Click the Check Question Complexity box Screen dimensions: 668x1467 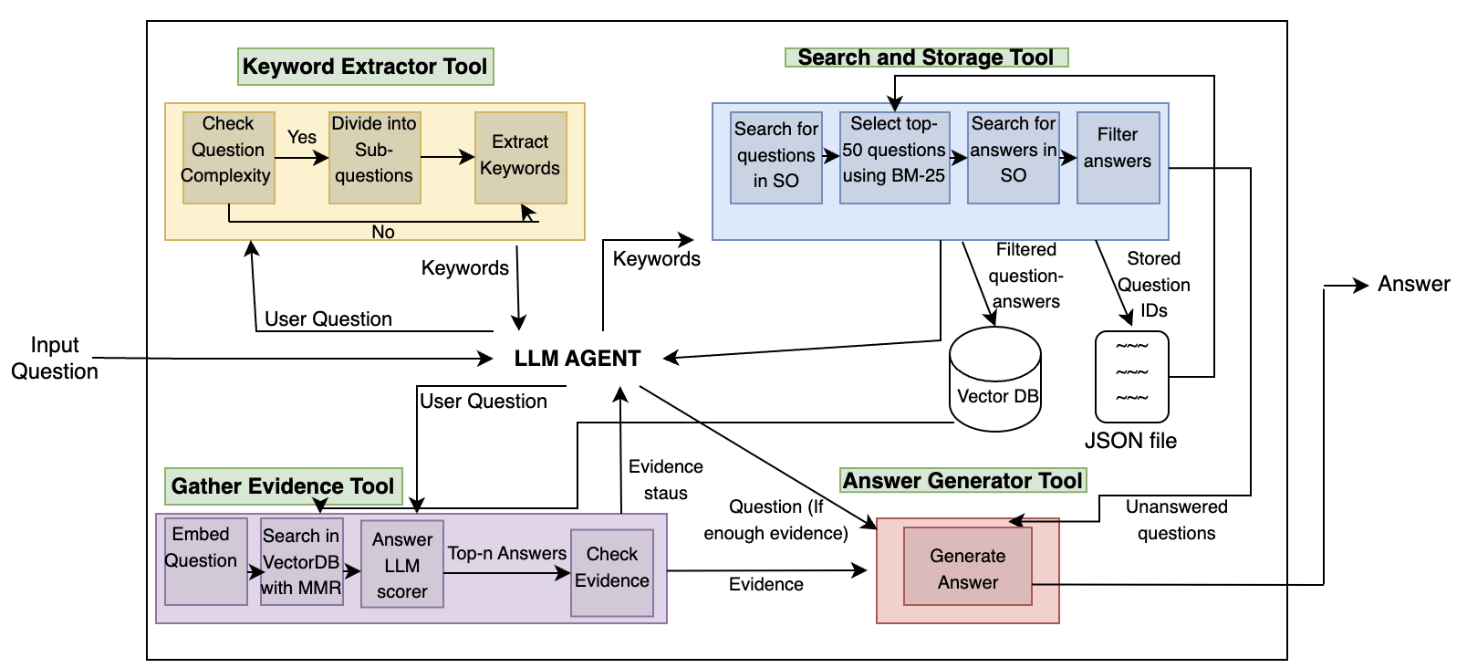click(x=228, y=157)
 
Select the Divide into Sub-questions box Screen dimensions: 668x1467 click(x=374, y=157)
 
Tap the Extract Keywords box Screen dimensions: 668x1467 click(x=520, y=157)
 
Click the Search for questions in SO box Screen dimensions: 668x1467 click(x=776, y=157)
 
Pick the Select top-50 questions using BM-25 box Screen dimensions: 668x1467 click(x=894, y=157)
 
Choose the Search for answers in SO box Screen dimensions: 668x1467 click(x=1013, y=157)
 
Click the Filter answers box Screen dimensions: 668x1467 click(x=1118, y=157)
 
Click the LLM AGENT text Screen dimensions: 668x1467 click(x=577, y=359)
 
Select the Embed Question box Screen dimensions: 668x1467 click(x=205, y=561)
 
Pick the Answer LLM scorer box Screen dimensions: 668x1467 click(x=401, y=565)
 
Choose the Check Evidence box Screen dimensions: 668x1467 click(x=612, y=572)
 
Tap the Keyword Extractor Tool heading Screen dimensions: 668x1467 click(x=365, y=67)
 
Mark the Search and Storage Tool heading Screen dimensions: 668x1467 click(x=926, y=57)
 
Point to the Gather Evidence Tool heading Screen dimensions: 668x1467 click(x=283, y=485)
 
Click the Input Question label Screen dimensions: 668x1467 click(x=55, y=358)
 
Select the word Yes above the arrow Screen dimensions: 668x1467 click(x=302, y=137)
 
